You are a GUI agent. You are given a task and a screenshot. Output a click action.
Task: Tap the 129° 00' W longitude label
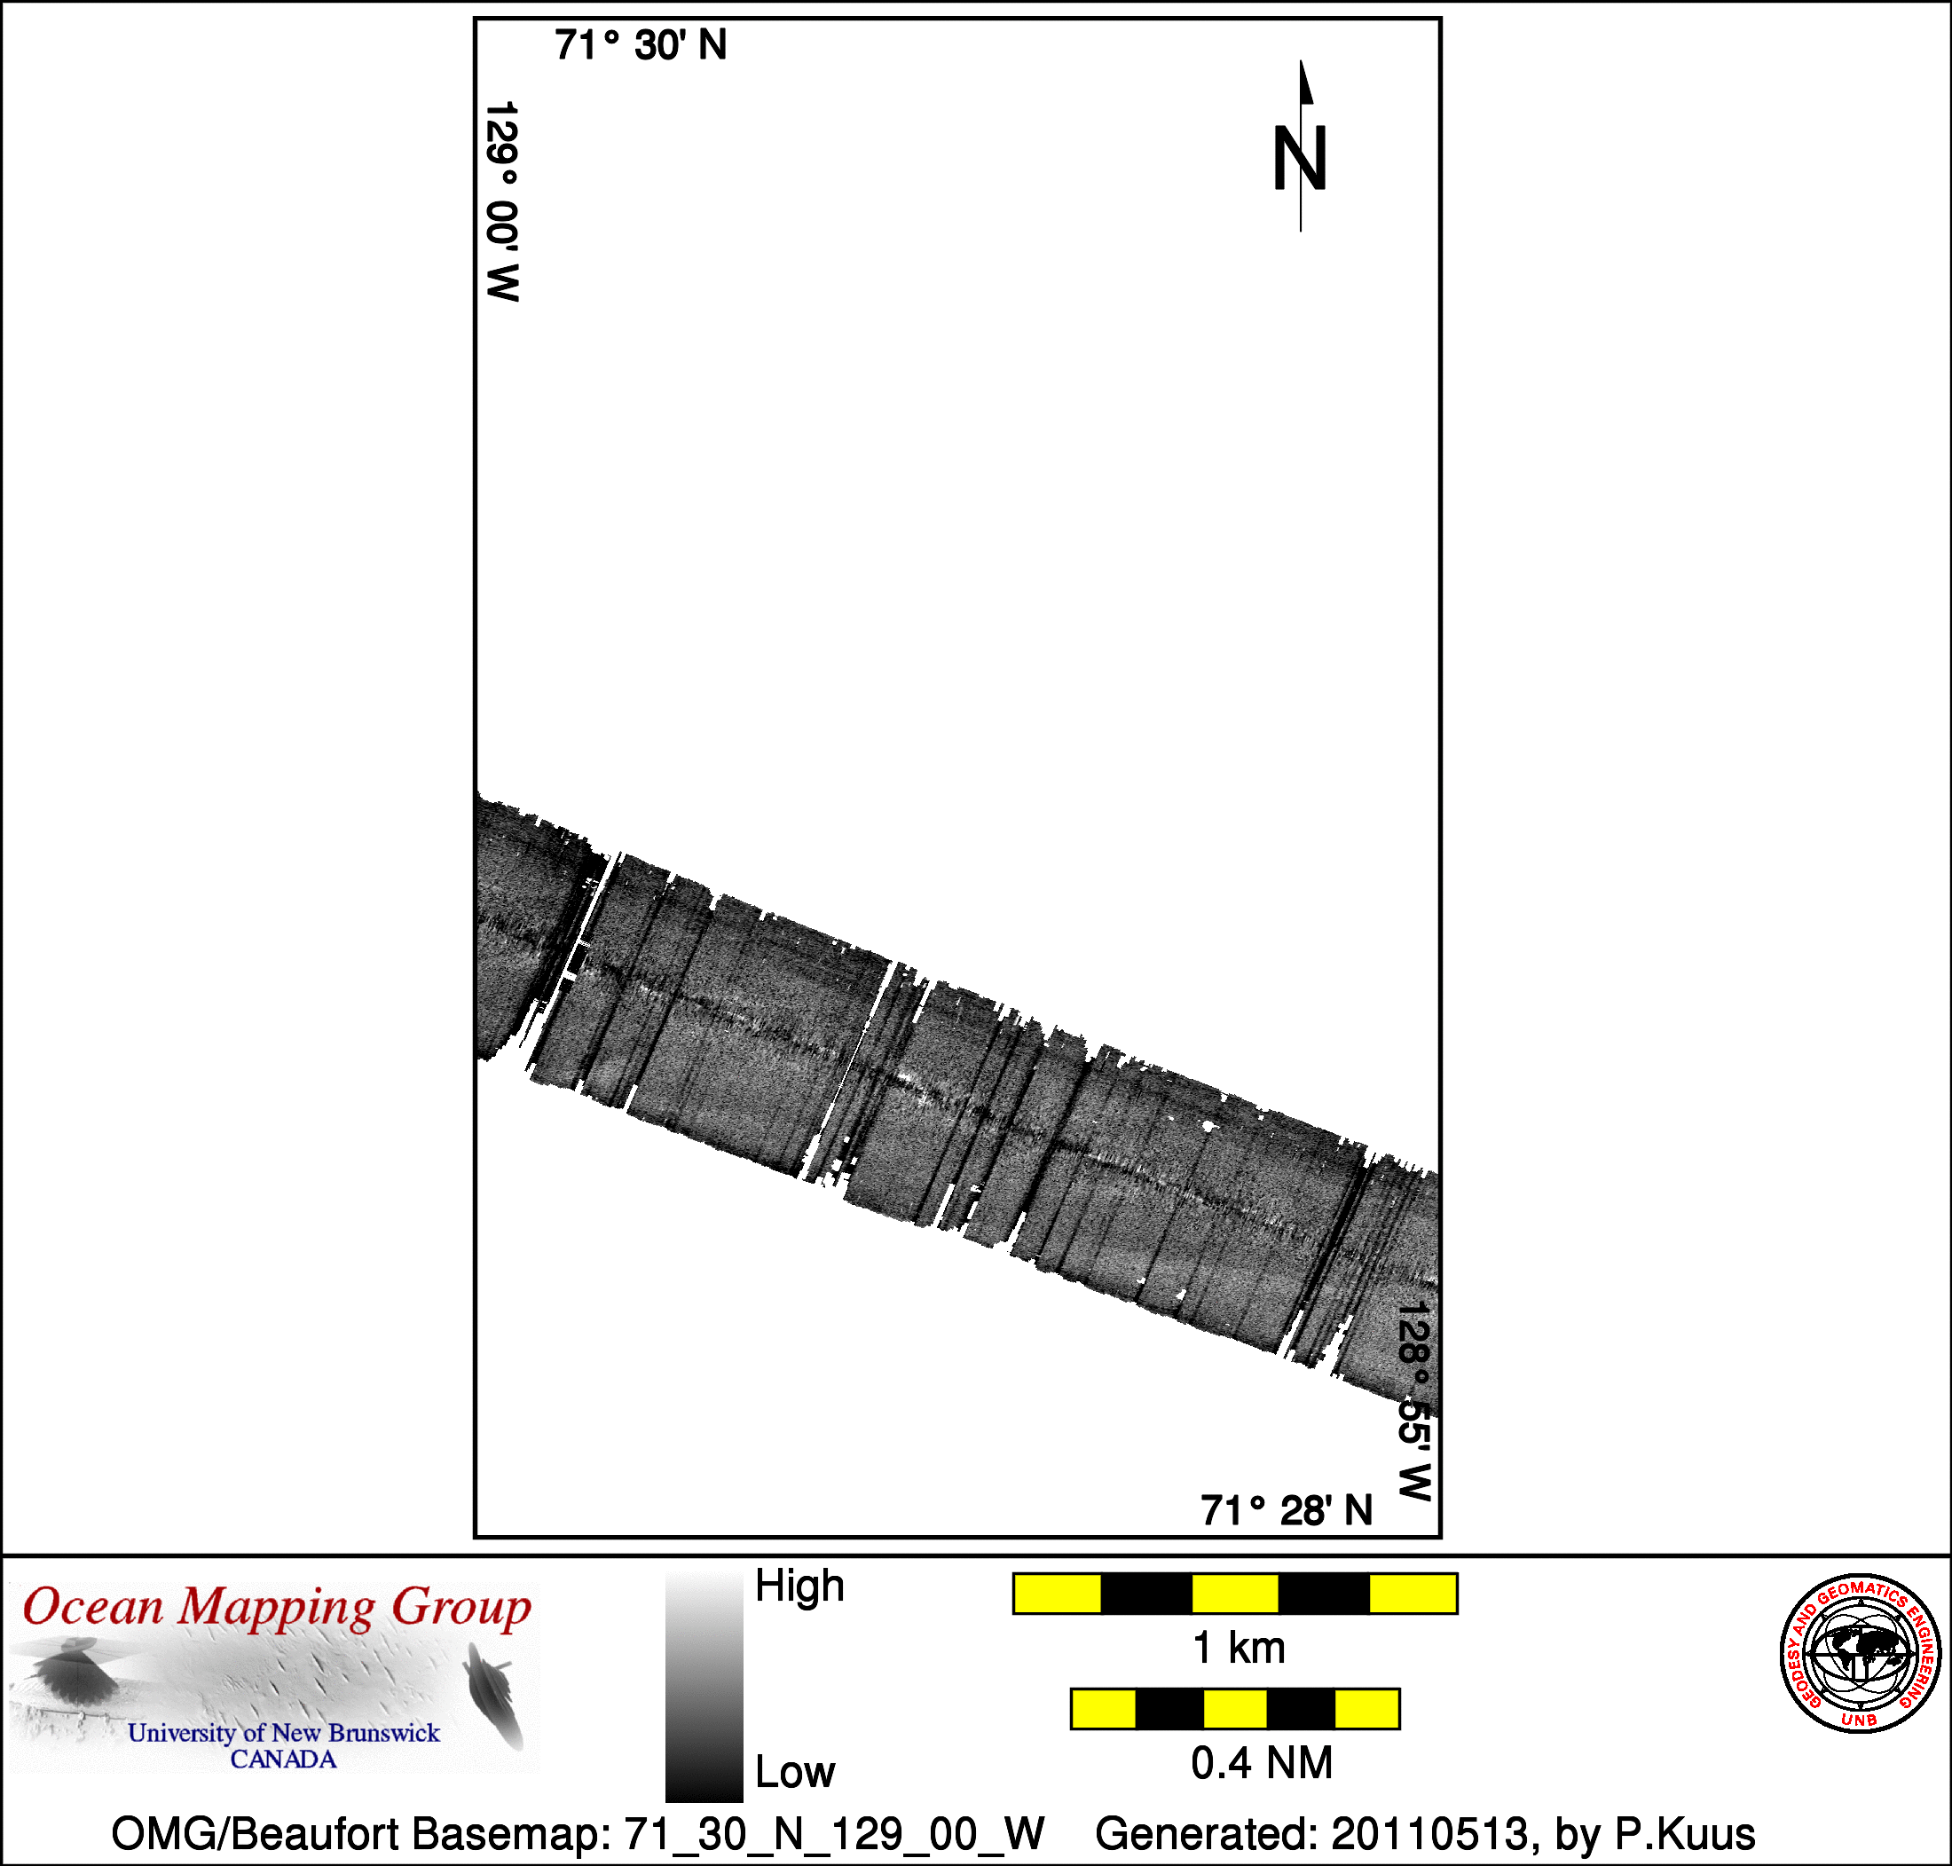502,201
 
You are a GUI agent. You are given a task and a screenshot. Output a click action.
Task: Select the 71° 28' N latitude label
1287,1510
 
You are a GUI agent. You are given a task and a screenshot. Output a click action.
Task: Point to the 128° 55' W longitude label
1414,1401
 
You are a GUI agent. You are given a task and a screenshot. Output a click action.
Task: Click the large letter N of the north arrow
1300,158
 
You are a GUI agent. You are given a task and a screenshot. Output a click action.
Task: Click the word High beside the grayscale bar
799,1586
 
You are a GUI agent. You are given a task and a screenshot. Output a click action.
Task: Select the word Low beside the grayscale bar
794,1773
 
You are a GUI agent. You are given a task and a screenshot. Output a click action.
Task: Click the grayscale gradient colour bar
704,1686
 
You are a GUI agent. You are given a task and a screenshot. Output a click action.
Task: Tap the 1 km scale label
1238,1649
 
